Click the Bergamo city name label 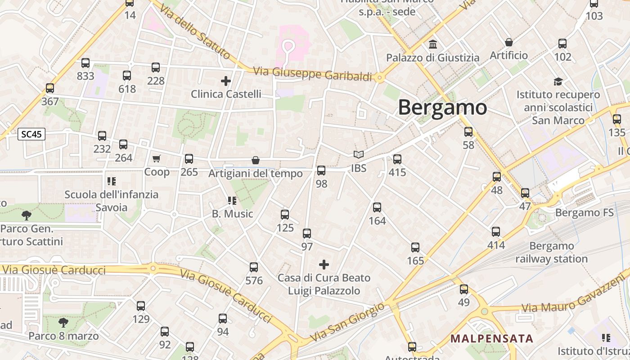442,108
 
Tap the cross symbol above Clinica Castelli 226,81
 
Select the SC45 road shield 31,134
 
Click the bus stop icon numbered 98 321,171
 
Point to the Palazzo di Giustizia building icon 433,44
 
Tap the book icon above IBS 359,155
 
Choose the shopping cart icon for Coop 156,158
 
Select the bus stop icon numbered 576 254,267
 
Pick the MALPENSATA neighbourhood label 492,338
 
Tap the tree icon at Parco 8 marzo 63,322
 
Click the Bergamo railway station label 551,252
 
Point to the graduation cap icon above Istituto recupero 558,81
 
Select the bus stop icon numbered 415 397,159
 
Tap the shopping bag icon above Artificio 509,42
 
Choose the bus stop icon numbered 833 85,63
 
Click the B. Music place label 233,214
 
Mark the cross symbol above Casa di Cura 324,264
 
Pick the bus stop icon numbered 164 377,207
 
